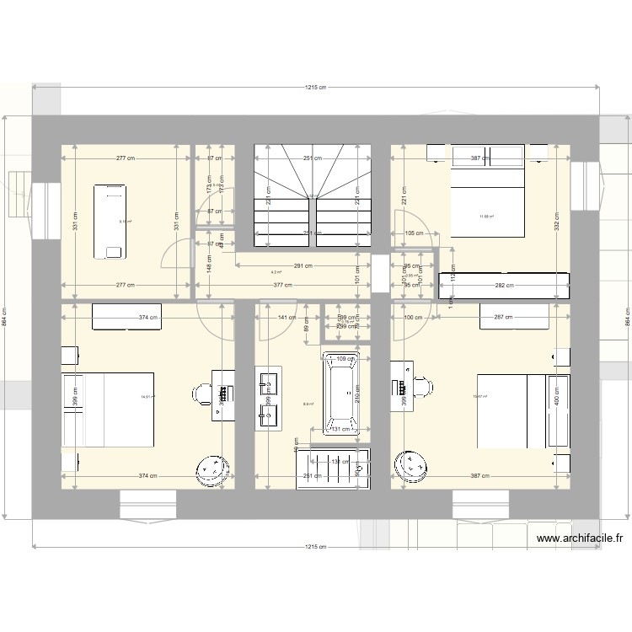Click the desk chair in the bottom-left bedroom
pyautogui.click(x=203, y=393)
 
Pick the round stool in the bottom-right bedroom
pyautogui.click(x=414, y=465)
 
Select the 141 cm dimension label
pyautogui.click(x=287, y=318)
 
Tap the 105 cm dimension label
pyautogui.click(x=414, y=233)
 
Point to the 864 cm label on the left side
pyautogui.click(x=5, y=319)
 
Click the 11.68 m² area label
pyautogui.click(x=487, y=217)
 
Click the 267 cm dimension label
pyautogui.click(x=502, y=318)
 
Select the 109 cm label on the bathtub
pyautogui.click(x=345, y=360)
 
